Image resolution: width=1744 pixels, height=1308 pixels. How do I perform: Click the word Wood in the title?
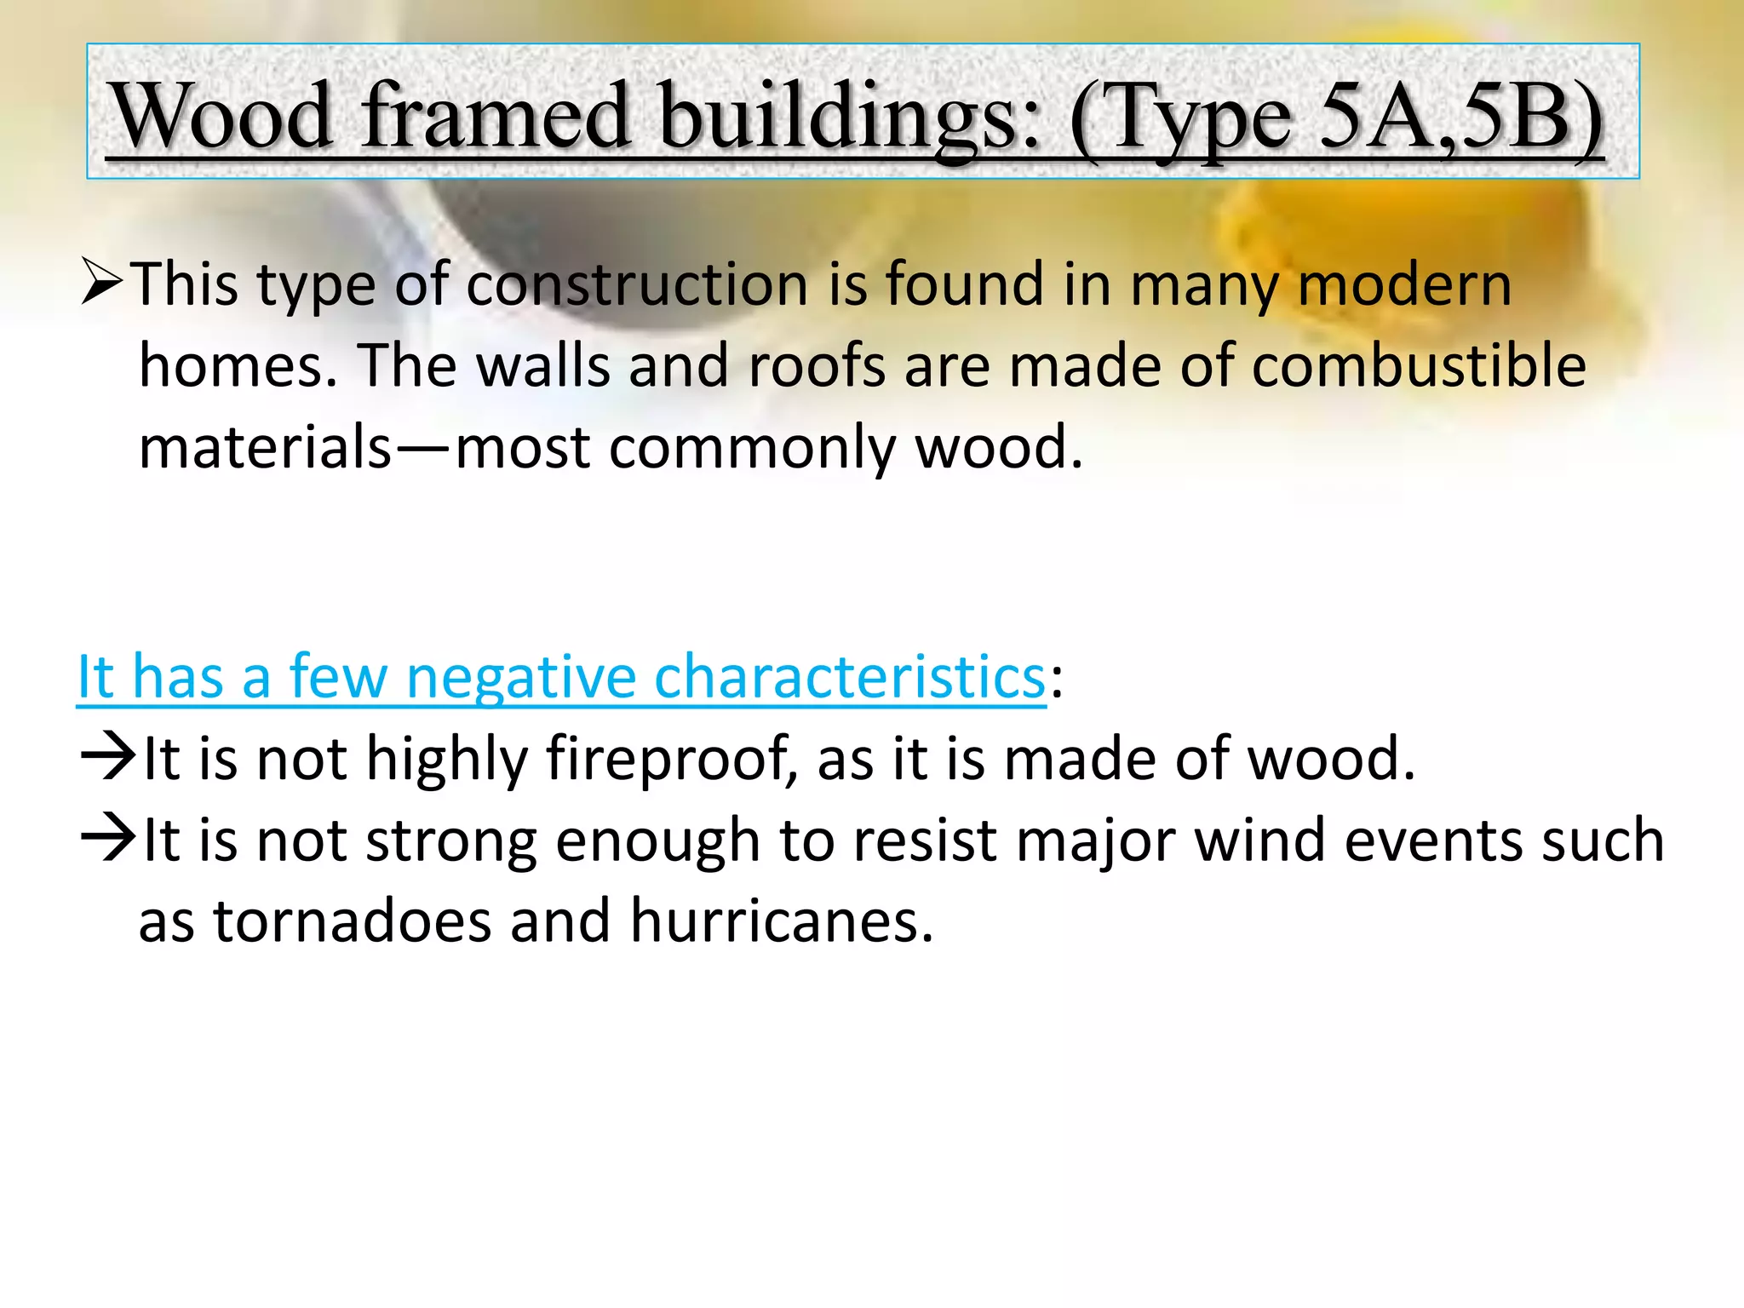223,116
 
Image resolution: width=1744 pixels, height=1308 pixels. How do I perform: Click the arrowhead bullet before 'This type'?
103,283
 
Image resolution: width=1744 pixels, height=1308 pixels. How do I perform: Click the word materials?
265,447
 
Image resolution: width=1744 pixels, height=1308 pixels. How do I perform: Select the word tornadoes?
353,921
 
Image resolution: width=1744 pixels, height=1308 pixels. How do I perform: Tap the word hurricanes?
782,921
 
